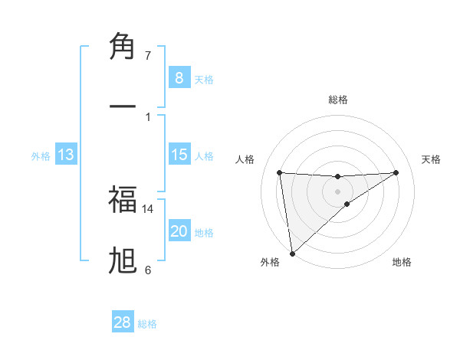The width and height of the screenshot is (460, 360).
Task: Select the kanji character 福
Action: coord(123,200)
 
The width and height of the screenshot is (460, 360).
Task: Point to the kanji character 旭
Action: coord(123,260)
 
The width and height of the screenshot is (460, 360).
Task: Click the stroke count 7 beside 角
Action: coord(148,56)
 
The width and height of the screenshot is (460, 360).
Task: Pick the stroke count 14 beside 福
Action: coord(148,208)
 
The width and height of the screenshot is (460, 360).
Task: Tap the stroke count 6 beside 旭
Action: coord(148,270)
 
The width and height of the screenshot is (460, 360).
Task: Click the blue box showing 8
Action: coord(179,78)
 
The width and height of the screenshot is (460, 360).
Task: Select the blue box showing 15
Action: coord(179,155)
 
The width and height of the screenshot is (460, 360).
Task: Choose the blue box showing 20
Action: coord(179,231)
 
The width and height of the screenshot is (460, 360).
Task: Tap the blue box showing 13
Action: coord(66,155)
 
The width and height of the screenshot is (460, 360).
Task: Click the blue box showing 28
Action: coord(123,322)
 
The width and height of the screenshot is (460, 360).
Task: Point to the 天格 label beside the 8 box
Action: coord(204,80)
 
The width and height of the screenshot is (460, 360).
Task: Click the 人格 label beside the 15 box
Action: coord(204,156)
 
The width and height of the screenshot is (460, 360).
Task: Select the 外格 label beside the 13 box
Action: coord(41,156)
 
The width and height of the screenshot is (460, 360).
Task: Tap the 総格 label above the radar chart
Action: coord(338,100)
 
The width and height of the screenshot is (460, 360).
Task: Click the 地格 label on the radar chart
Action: coord(402,262)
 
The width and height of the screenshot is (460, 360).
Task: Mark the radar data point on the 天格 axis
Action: coord(396,172)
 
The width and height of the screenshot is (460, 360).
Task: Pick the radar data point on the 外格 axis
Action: coord(291,254)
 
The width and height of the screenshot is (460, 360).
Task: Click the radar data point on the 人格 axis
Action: coord(280,172)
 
